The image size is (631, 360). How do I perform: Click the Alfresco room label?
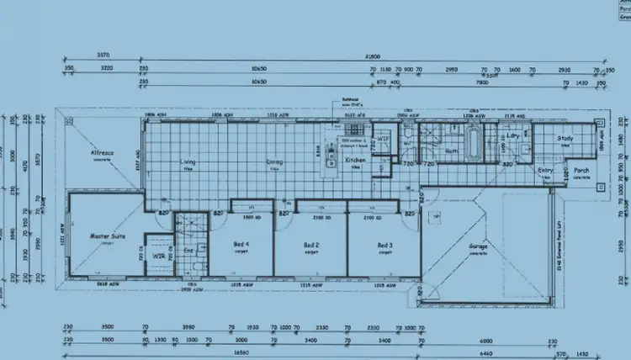[103, 154]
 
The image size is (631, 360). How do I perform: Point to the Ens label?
[189, 250]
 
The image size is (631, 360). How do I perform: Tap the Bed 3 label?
[384, 245]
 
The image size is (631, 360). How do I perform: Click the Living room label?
[188, 162]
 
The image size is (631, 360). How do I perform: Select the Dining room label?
[274, 162]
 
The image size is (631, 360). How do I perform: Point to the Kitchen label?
[356, 160]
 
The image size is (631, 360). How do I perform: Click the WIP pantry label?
[382, 138]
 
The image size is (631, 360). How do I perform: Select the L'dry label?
[512, 135]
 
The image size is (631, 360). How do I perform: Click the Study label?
[565, 140]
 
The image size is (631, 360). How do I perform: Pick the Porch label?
[581, 172]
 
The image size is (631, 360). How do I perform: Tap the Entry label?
[546, 172]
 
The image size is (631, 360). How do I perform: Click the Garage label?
[478, 247]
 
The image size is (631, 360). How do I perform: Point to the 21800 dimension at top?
[370, 56]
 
